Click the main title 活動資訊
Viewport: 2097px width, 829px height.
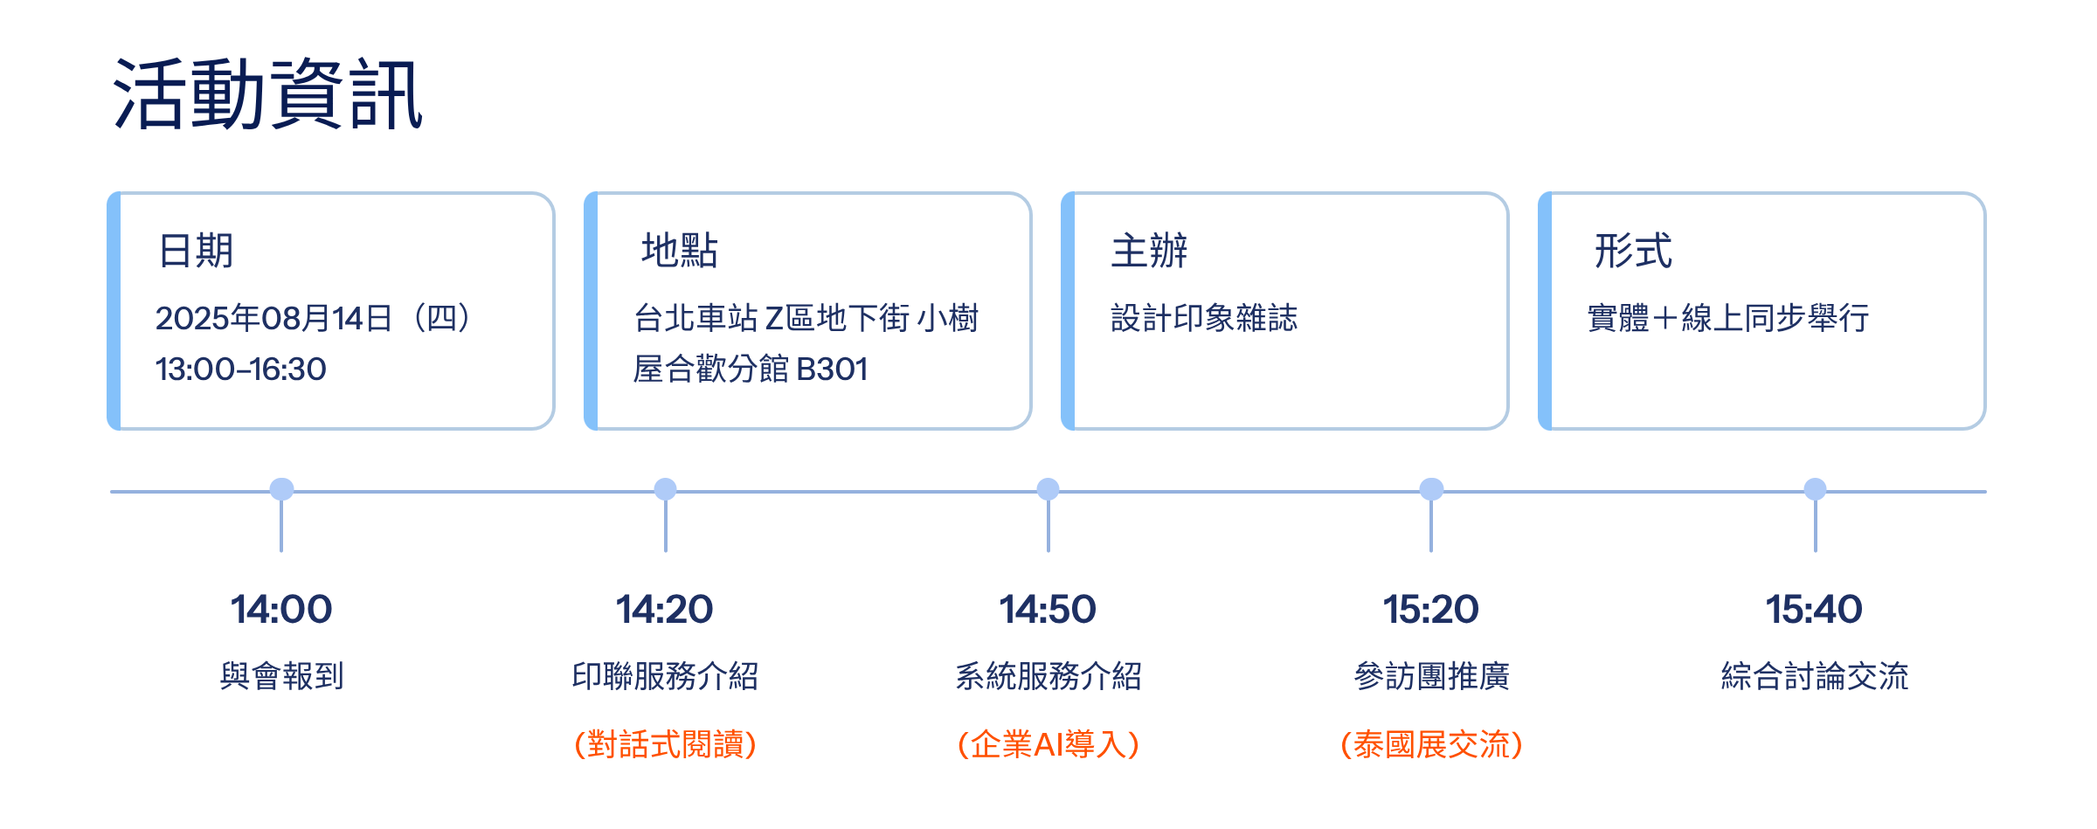click(x=267, y=94)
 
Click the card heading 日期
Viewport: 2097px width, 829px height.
click(x=196, y=251)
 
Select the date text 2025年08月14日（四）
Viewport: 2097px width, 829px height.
click(x=313, y=318)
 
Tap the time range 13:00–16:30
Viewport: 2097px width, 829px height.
click(x=240, y=370)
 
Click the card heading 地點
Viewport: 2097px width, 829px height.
click(x=679, y=251)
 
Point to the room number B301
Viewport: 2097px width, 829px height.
click(x=832, y=370)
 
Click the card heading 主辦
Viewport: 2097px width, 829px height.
click(x=1149, y=251)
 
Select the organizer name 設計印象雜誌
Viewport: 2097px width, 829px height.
click(x=1204, y=318)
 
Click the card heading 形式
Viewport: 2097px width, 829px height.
click(x=1633, y=251)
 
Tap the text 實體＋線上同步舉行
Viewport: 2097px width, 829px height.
click(x=1727, y=318)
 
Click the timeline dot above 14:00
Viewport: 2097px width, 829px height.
click(x=281, y=489)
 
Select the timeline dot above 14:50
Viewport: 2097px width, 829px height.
click(x=1048, y=489)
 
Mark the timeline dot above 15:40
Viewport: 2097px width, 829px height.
click(x=1815, y=489)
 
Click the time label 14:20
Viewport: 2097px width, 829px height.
click(x=664, y=609)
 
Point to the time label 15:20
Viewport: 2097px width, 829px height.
click(x=1430, y=609)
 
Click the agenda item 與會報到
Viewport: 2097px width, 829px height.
click(x=281, y=676)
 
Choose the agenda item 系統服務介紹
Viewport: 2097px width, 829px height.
click(x=1048, y=676)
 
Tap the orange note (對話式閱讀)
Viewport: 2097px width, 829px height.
click(x=665, y=744)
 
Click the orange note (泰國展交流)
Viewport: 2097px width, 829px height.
click(x=1431, y=744)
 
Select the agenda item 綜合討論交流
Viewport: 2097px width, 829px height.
click(x=1815, y=676)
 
